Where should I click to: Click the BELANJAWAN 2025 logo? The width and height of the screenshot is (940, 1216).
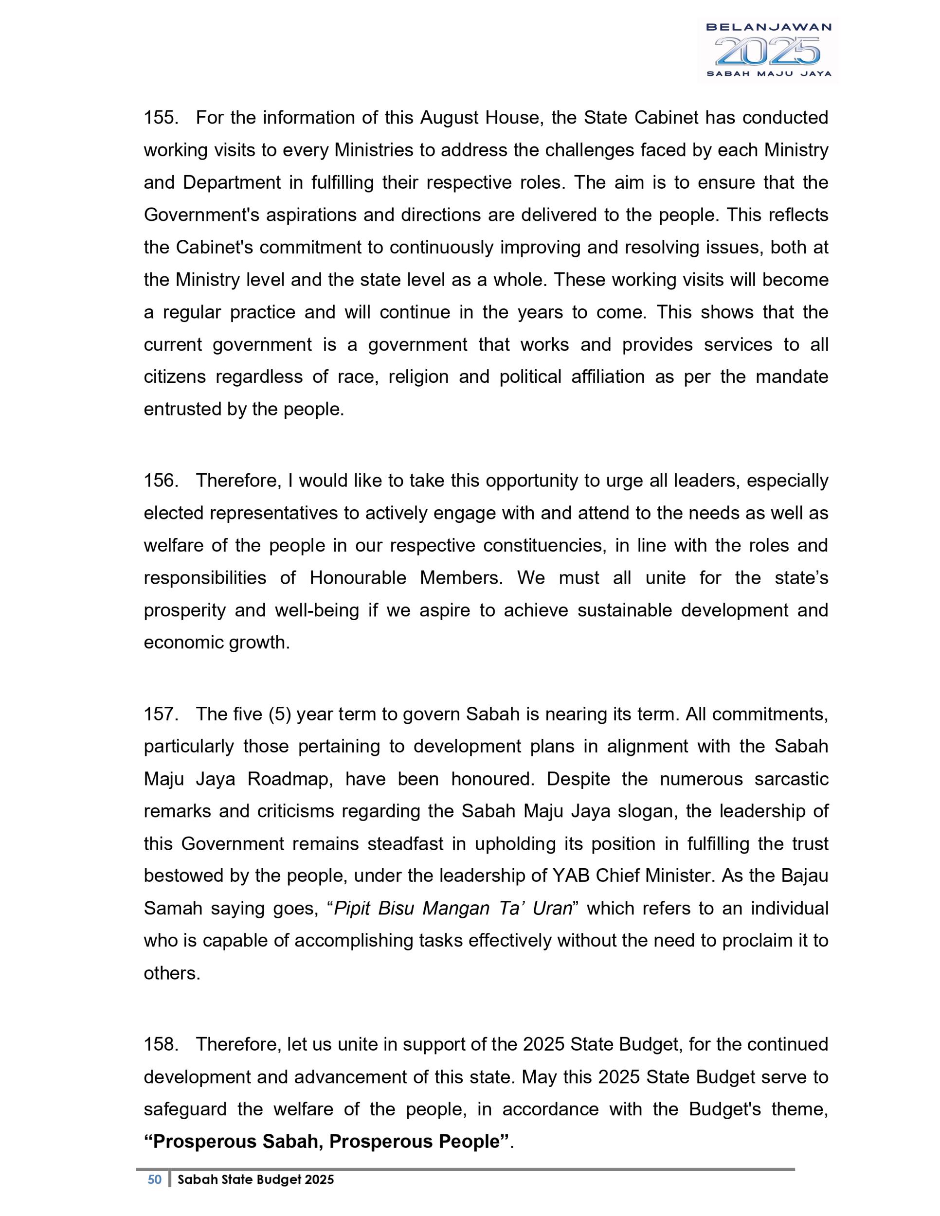[x=768, y=50]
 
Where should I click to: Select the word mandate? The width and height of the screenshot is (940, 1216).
[x=792, y=377]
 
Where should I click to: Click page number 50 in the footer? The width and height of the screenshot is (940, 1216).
[x=154, y=1179]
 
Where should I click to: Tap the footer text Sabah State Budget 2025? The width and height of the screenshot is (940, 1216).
[x=255, y=1179]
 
